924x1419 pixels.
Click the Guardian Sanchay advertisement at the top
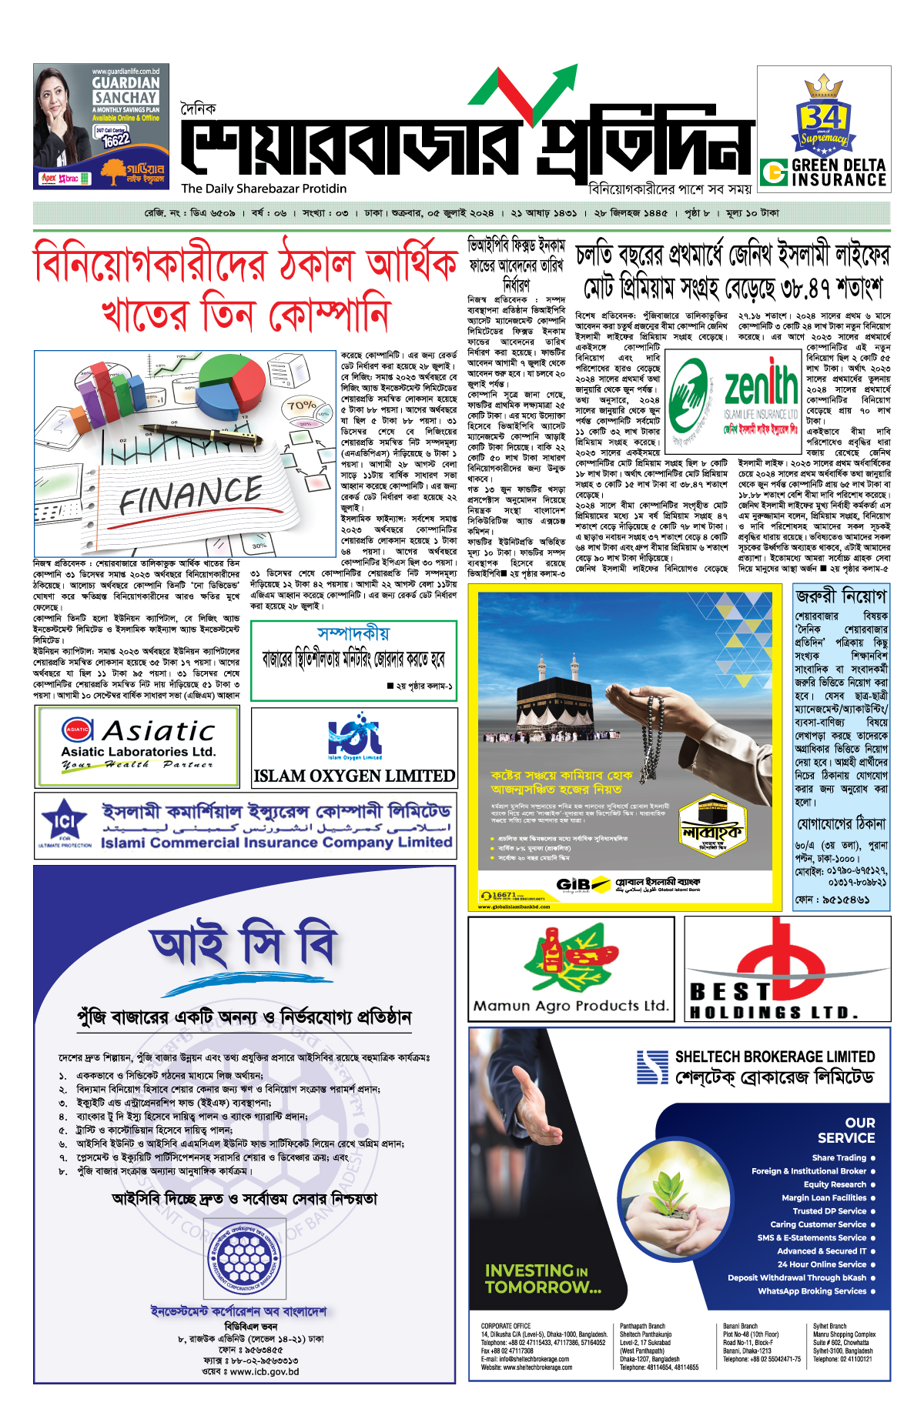pyautogui.click(x=101, y=126)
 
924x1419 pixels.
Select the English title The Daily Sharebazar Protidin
pyautogui.click(x=264, y=189)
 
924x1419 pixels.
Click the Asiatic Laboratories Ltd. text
pyautogui.click(x=138, y=752)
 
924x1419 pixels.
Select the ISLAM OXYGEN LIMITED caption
pyautogui.click(x=354, y=776)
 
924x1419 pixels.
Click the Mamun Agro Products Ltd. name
pyautogui.click(x=571, y=1006)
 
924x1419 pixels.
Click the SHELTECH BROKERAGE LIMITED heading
pyautogui.click(x=775, y=1057)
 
